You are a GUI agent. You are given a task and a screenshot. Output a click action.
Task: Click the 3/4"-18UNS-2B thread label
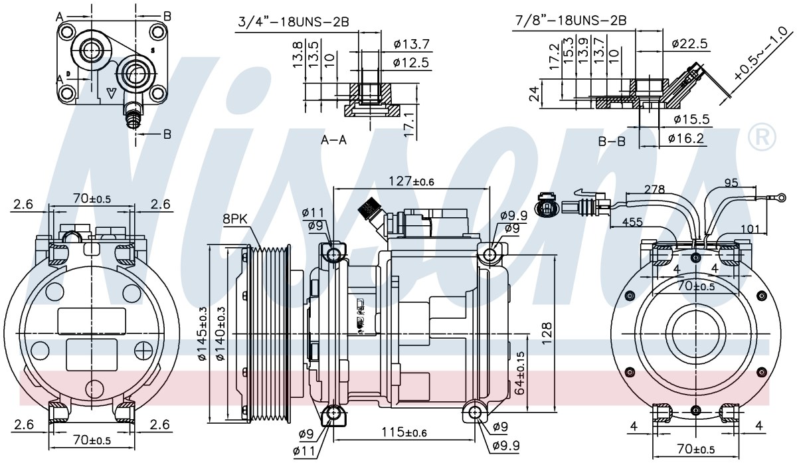(x=294, y=22)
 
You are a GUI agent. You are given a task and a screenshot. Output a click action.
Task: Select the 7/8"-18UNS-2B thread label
(x=571, y=21)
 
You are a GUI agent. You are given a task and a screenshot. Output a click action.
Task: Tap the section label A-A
(x=333, y=140)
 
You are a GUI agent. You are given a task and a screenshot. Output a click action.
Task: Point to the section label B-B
(x=612, y=141)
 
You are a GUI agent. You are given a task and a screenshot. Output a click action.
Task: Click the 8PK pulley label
(x=235, y=219)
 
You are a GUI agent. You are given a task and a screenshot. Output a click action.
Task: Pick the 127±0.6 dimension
(x=411, y=181)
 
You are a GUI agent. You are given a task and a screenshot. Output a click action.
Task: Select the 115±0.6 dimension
(x=404, y=432)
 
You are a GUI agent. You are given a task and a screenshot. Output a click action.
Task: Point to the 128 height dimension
(x=547, y=333)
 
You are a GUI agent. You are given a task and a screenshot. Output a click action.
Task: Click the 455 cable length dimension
(x=632, y=222)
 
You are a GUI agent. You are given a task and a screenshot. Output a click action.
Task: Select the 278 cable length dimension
(x=655, y=189)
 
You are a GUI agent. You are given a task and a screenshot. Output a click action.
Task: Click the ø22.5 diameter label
(x=689, y=43)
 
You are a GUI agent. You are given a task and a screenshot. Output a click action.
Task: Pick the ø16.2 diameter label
(x=686, y=138)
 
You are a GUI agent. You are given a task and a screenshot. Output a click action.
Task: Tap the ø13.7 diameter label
(x=412, y=44)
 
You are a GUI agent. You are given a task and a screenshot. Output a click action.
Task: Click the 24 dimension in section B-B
(x=535, y=93)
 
